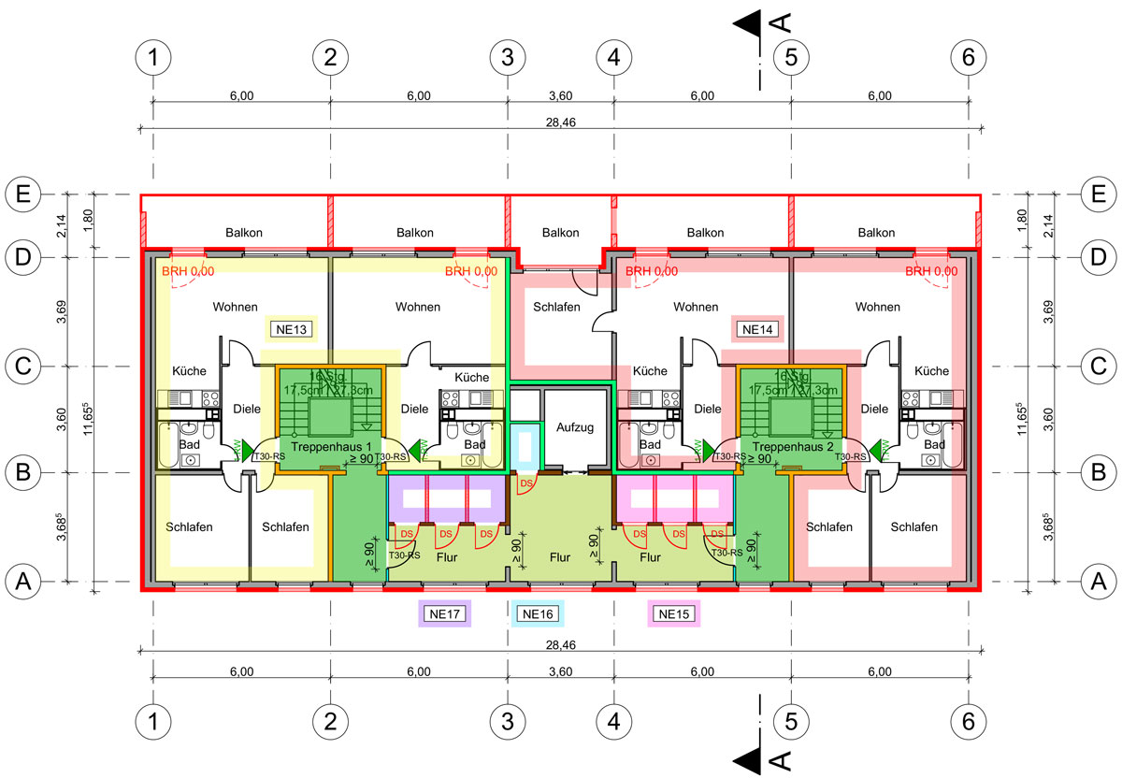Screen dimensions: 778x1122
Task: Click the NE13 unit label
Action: (291, 328)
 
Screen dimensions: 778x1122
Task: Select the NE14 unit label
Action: (757, 328)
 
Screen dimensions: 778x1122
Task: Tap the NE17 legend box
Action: (444, 614)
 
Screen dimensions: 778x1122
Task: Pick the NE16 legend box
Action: (538, 614)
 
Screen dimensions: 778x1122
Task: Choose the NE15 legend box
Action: (673, 614)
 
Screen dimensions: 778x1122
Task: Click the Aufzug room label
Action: (574, 427)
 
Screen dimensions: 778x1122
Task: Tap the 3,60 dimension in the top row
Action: (560, 95)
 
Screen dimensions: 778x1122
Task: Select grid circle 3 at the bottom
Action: (507, 721)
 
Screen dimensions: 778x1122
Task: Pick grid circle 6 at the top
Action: (968, 57)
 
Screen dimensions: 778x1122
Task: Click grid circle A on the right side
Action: (1100, 582)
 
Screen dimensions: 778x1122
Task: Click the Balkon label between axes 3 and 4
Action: (560, 233)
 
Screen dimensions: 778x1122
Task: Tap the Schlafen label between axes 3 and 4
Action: (557, 307)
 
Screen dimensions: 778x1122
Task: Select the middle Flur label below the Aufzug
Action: (560, 556)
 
